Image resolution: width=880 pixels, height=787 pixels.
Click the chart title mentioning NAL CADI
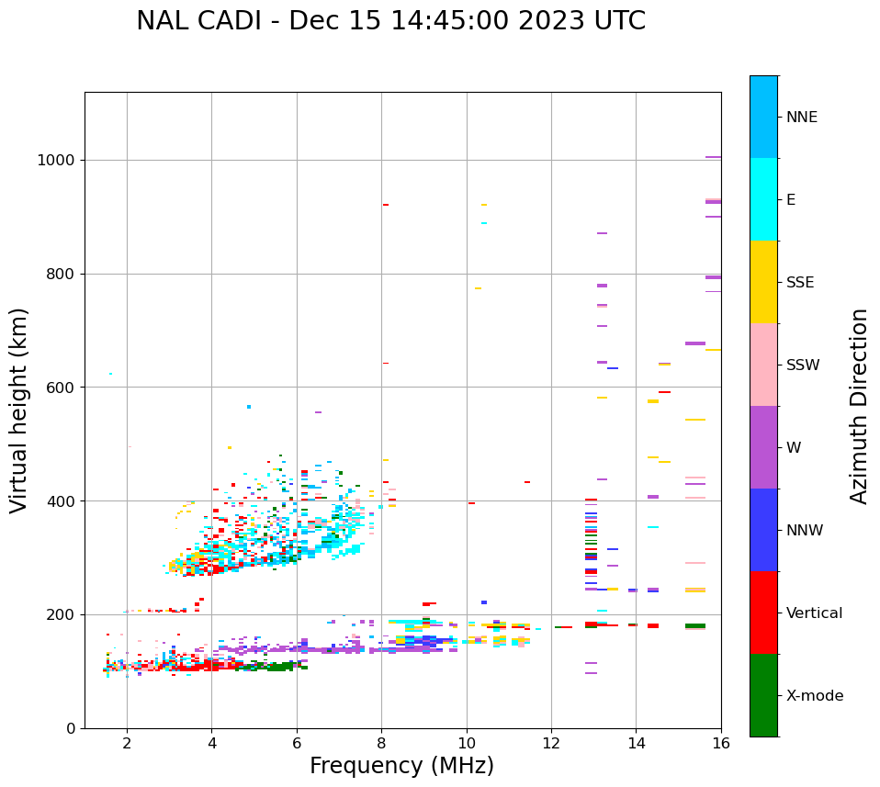coord(390,21)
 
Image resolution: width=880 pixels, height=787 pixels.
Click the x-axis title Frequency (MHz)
coord(401,766)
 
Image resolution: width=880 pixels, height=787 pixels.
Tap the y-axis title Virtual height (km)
coord(19,410)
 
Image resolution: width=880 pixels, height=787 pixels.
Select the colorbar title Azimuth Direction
coord(859,406)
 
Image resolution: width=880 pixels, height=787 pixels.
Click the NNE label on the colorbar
coord(801,118)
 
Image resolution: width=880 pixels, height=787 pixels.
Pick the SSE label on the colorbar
coord(799,283)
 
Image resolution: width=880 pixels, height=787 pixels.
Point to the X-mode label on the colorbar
coord(814,696)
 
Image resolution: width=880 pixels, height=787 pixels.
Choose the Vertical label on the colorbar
coord(814,613)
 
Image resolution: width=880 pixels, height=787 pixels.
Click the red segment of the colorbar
coord(763,613)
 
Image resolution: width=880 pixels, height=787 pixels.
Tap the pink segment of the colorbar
coord(763,365)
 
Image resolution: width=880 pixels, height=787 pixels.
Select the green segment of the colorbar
coord(763,695)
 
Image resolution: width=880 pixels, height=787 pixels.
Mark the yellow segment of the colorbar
coord(763,282)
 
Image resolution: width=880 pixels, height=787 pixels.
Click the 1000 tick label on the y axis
coord(55,161)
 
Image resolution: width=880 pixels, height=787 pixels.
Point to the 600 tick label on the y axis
coord(60,388)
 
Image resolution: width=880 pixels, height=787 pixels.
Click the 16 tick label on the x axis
coord(721,743)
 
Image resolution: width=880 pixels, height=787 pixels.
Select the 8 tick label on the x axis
coord(381,743)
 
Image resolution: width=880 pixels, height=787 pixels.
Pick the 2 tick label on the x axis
coord(127,743)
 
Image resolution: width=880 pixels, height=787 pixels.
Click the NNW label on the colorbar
coord(804,531)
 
